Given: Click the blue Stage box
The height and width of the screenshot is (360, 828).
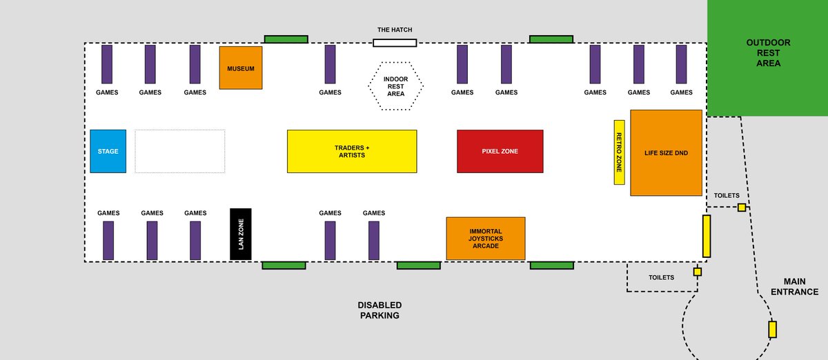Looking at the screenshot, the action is click(x=108, y=151).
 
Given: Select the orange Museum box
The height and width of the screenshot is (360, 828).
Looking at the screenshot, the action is click(x=241, y=68).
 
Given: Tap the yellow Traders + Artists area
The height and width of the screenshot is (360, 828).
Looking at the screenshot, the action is click(x=352, y=151).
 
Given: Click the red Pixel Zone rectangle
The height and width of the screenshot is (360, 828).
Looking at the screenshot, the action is click(x=500, y=151).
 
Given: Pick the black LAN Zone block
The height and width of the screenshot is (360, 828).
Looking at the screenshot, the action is click(x=241, y=234).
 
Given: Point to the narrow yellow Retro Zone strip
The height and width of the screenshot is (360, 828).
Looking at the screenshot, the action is click(x=619, y=152).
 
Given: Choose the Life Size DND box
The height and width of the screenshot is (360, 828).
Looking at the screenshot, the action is click(x=666, y=152).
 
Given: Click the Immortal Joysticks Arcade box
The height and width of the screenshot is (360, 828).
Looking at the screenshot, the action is click(x=486, y=239).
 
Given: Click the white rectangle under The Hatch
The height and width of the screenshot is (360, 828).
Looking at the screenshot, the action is click(x=395, y=43).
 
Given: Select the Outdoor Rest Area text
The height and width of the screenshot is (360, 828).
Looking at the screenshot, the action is click(x=768, y=53).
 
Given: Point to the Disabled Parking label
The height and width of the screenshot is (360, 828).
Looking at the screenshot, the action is click(x=379, y=310).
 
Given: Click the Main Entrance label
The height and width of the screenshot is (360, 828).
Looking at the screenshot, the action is click(x=794, y=286).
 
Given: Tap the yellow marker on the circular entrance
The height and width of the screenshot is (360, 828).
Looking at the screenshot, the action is click(x=772, y=330).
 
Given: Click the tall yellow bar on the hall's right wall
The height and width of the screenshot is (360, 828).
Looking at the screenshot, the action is click(x=707, y=236).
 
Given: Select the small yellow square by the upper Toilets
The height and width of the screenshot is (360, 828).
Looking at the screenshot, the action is click(x=742, y=208).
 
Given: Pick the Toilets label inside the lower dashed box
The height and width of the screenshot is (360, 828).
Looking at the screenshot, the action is click(x=661, y=277).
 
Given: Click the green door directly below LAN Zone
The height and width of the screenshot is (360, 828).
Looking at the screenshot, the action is click(x=284, y=266).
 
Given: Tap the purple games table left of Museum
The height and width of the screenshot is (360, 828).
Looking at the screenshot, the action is click(x=195, y=64).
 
